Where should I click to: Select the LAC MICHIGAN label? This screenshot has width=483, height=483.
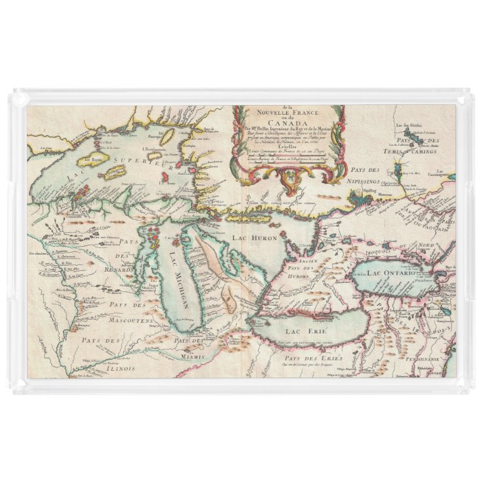176,282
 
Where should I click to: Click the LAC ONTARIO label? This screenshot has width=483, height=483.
391,272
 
